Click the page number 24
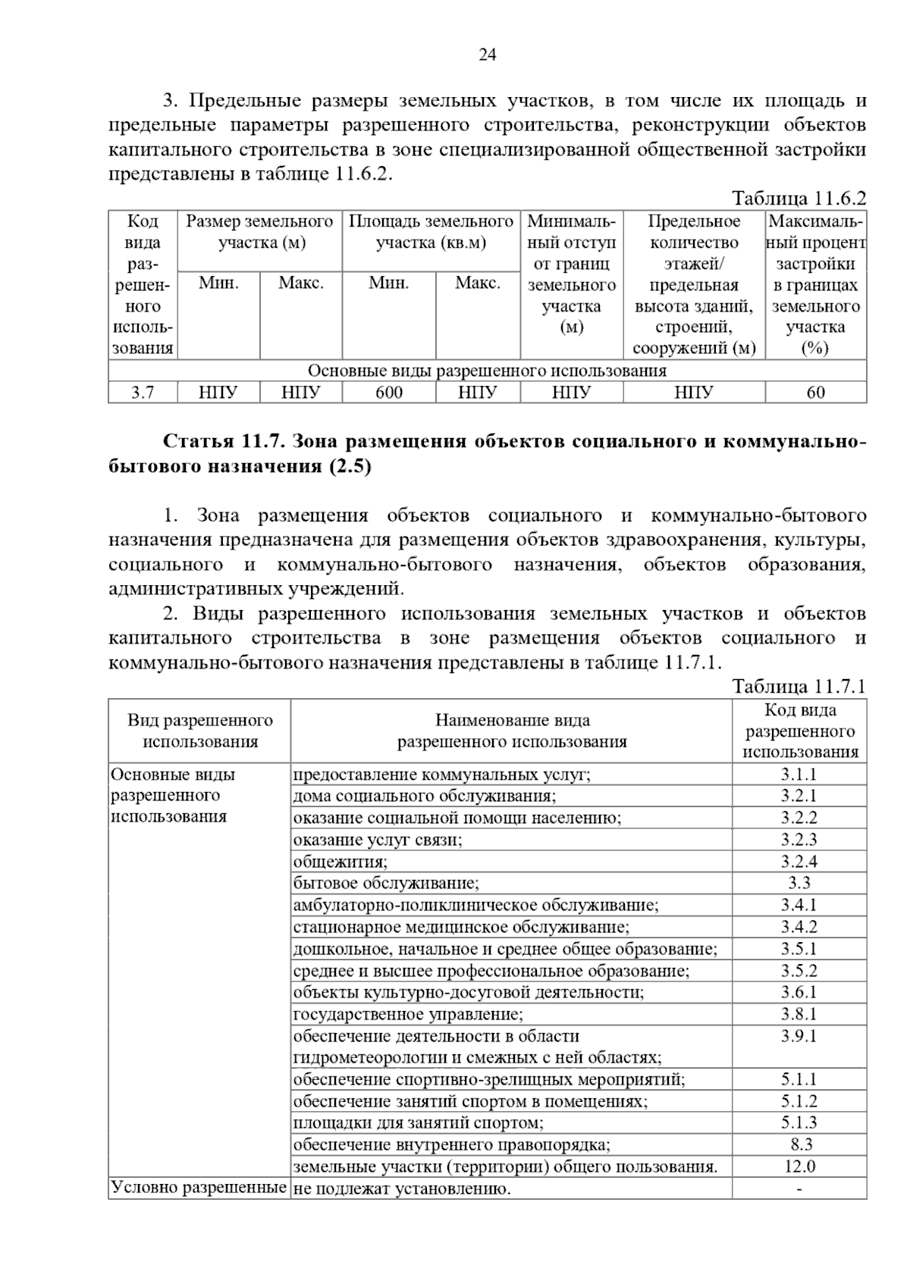point(487,55)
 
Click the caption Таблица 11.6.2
point(799,199)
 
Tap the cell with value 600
point(389,393)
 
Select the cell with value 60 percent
point(815,393)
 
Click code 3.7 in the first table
point(143,393)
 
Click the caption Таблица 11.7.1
point(799,687)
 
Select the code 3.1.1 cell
point(799,775)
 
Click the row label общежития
point(340,862)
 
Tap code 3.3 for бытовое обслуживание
point(799,883)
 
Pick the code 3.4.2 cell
point(799,927)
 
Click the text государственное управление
point(408,1014)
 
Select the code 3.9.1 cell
point(799,1036)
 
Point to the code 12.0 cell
point(799,1166)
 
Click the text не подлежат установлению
point(402,1188)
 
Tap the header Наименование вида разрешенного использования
point(512,731)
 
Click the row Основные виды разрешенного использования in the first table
point(487,371)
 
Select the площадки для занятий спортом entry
point(418,1123)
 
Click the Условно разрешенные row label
point(199,1187)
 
